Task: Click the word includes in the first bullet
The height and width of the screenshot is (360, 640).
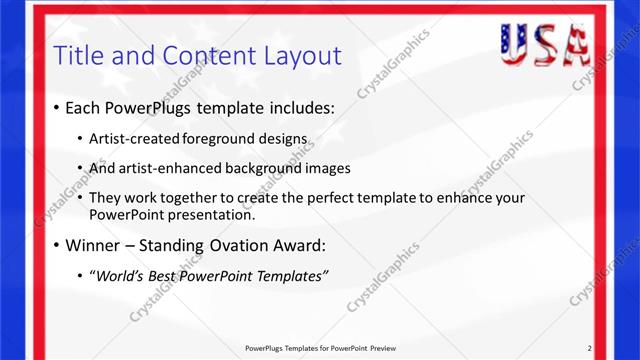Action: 299,107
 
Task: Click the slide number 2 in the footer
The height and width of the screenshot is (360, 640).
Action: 589,348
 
